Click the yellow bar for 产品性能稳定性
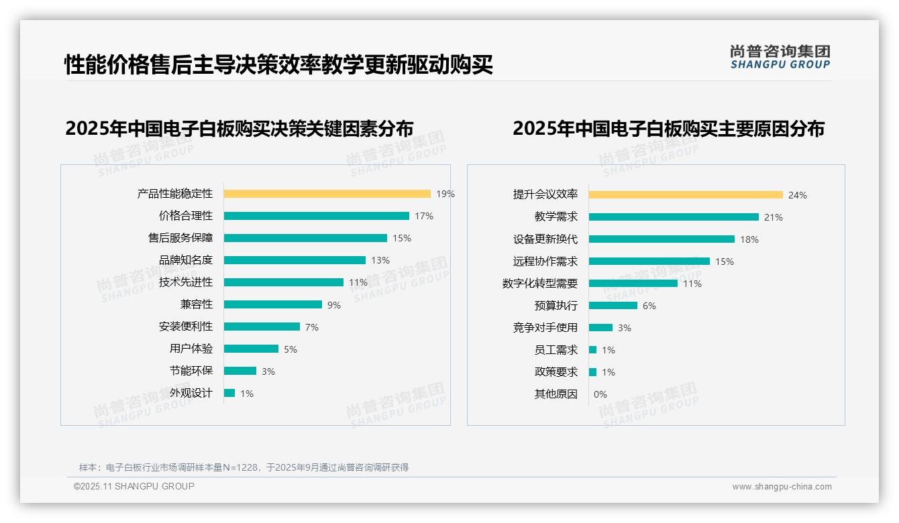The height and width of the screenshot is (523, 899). [x=327, y=194]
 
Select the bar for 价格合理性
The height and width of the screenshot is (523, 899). [x=316, y=216]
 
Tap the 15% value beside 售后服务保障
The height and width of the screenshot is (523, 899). [x=402, y=238]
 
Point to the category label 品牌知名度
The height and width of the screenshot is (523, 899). [x=185, y=260]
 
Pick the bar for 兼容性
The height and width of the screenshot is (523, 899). [x=272, y=304]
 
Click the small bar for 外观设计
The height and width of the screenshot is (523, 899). [x=229, y=393]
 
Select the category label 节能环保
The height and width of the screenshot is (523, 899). [x=191, y=371]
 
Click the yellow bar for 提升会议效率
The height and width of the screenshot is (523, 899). [x=686, y=195]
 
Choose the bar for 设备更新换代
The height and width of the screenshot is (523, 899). [x=662, y=239]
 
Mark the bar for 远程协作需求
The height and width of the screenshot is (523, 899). [x=649, y=261]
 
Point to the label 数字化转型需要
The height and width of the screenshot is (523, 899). [x=539, y=284]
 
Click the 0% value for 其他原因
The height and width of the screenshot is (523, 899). [x=600, y=394]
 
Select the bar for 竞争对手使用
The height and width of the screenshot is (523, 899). [x=600, y=327]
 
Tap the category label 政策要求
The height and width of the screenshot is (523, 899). [x=556, y=372]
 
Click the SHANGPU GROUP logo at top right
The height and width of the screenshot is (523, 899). [x=780, y=57]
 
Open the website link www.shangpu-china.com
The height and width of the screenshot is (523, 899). [x=782, y=487]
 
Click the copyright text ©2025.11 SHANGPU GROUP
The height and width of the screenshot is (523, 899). [x=134, y=486]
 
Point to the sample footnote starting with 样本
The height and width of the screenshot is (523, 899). [x=244, y=467]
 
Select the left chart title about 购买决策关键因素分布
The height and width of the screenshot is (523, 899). [x=239, y=128]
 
